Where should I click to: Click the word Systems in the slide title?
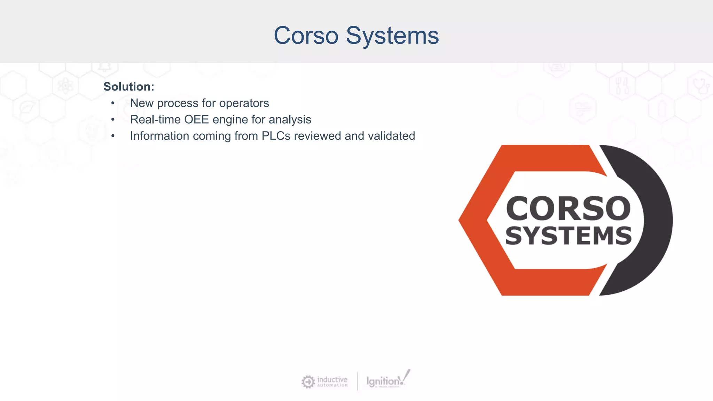[392, 36]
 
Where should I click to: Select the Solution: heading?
[128, 87]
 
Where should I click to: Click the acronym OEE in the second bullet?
[196, 119]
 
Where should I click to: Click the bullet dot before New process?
[113, 103]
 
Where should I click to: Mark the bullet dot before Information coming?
[113, 136]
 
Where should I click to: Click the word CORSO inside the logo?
[568, 209]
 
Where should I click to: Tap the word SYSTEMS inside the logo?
[568, 236]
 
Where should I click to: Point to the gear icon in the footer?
[308, 382]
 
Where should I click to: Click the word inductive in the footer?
[332, 379]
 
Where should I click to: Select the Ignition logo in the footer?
[386, 381]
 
